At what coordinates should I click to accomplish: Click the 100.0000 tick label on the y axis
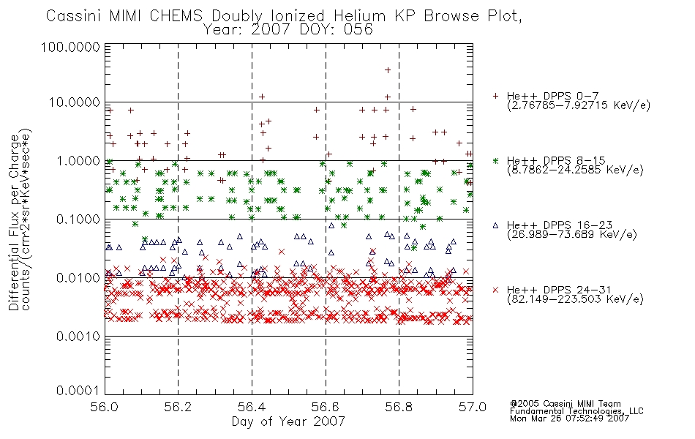(x=71, y=47)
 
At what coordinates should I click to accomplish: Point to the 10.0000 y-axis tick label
(x=75, y=102)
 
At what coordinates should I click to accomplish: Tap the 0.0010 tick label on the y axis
(x=78, y=337)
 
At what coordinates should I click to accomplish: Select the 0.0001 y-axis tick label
(x=78, y=391)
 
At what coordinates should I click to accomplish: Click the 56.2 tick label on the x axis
(x=178, y=407)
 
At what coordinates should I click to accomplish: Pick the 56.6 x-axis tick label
(x=326, y=407)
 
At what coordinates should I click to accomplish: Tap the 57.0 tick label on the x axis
(x=473, y=407)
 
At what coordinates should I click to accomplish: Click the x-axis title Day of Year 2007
(x=288, y=421)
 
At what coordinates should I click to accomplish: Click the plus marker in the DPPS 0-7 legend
(x=495, y=96)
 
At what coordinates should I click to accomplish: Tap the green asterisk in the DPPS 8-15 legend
(x=495, y=160)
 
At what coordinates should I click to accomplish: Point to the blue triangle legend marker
(x=495, y=225)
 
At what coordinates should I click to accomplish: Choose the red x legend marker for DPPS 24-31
(x=495, y=290)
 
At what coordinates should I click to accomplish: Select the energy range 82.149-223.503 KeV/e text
(x=575, y=299)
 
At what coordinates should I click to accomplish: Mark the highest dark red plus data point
(x=388, y=70)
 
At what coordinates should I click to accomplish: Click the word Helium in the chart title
(x=360, y=16)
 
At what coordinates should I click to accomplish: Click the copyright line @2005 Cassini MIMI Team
(x=566, y=404)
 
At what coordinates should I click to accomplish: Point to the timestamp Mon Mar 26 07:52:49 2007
(x=570, y=419)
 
